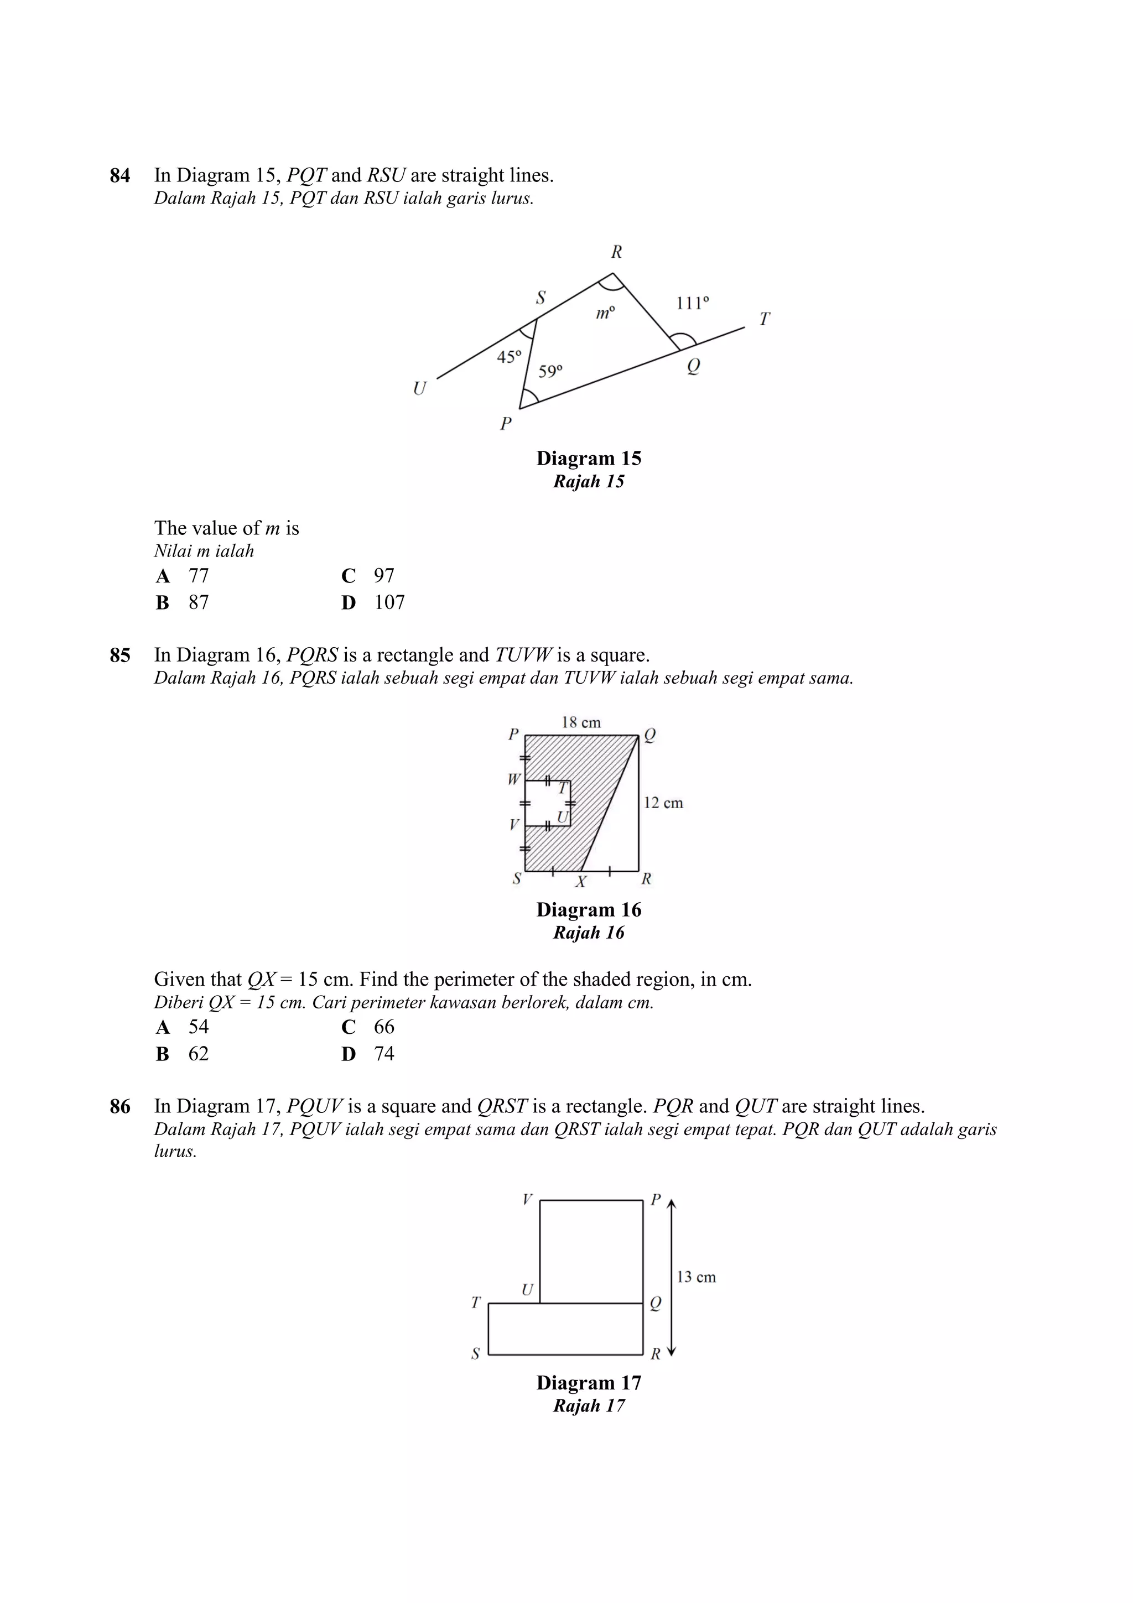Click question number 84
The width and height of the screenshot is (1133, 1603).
[119, 175]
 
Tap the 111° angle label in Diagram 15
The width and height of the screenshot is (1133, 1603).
[692, 303]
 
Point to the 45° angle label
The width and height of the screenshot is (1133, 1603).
[509, 357]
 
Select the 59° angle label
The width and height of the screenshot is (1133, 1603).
[550, 371]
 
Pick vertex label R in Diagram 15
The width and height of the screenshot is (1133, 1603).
[616, 252]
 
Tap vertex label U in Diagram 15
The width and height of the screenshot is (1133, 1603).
[419, 388]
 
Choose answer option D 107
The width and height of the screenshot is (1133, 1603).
[373, 602]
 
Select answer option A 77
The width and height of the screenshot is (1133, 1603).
[183, 576]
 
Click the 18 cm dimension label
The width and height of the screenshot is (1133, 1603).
[581, 722]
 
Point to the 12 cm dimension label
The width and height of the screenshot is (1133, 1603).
[663, 803]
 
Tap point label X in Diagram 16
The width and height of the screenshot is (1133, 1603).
[580, 882]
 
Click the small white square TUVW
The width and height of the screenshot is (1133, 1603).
[547, 804]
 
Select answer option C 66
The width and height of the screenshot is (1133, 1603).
[368, 1027]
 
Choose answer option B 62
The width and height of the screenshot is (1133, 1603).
[183, 1054]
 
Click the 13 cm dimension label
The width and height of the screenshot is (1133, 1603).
[696, 1277]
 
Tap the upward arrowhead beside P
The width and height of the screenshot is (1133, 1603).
[672, 1204]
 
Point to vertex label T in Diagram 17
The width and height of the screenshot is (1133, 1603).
[475, 1302]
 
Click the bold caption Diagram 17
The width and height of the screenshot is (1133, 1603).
[589, 1382]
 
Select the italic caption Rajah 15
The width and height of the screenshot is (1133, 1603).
[589, 482]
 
